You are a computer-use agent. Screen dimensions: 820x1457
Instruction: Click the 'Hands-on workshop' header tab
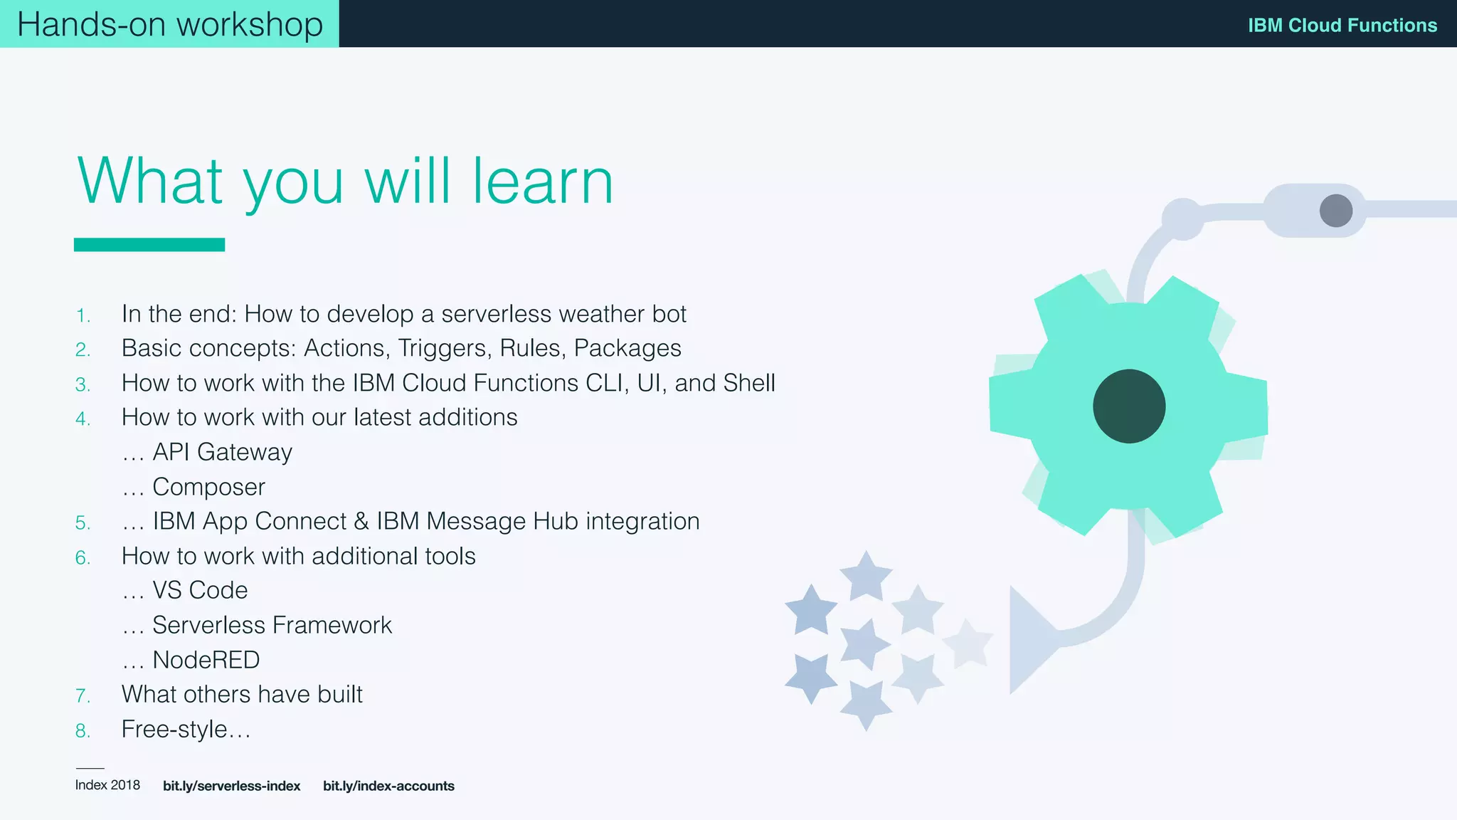tap(169, 24)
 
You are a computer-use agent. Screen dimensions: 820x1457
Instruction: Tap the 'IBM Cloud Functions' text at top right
tap(1342, 26)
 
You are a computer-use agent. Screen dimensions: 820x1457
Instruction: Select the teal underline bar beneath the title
tap(149, 245)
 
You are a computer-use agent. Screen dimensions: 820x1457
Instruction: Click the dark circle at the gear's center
tap(1129, 406)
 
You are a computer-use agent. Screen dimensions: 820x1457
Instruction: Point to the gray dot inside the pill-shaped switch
tap(1335, 211)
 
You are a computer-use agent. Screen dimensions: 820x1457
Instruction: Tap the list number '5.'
tap(83, 523)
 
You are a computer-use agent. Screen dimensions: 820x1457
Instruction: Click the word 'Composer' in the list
tap(208, 487)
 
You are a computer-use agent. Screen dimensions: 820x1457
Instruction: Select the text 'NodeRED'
tap(206, 660)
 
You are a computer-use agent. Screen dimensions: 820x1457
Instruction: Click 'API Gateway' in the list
tap(222, 452)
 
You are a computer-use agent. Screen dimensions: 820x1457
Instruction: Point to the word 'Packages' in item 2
tap(627, 348)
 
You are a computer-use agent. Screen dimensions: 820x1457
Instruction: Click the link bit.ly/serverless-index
tap(231, 786)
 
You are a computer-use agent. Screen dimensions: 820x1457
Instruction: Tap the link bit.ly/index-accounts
tap(388, 786)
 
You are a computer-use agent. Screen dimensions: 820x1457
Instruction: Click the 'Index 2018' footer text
tap(107, 785)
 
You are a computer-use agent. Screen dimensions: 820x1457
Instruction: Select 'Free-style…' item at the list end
tap(186, 730)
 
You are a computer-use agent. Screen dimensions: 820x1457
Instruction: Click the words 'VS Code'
tap(200, 590)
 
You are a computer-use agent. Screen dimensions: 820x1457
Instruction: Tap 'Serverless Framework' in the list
tap(272, 625)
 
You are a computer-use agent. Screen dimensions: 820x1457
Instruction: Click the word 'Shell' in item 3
tap(748, 383)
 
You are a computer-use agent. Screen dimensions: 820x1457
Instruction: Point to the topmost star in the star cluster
tap(866, 574)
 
